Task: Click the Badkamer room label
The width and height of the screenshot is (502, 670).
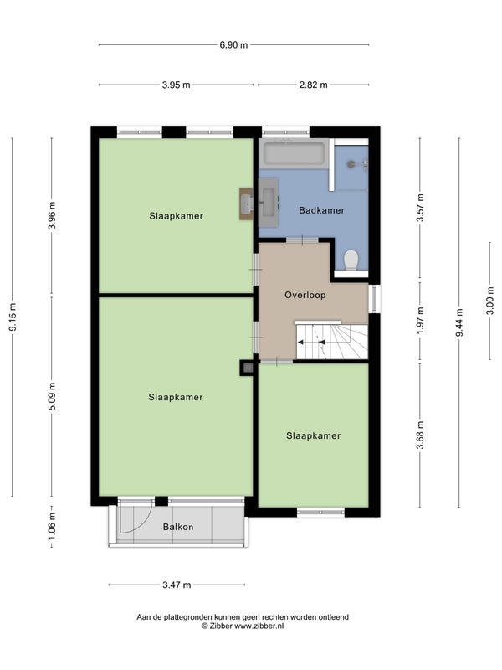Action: [x=321, y=210]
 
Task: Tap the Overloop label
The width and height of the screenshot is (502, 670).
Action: [x=305, y=295]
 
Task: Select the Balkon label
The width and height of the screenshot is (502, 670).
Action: [x=178, y=527]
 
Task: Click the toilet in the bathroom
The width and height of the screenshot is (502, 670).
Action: [x=351, y=260]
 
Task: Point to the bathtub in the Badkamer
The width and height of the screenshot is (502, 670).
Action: [x=294, y=153]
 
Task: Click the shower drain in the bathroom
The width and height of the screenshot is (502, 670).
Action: [x=351, y=163]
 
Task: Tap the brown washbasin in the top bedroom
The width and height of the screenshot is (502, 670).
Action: [x=246, y=204]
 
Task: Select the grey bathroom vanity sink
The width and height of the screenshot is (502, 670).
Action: [x=269, y=202]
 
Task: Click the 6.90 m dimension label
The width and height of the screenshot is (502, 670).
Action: [x=233, y=45]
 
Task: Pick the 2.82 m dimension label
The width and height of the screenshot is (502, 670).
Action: [x=313, y=85]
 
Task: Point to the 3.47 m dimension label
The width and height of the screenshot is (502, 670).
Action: [x=177, y=585]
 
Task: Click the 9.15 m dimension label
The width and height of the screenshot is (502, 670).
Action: [x=13, y=317]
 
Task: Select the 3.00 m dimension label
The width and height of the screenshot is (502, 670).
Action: [x=490, y=301]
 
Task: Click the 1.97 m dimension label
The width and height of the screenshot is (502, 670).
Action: [x=421, y=321]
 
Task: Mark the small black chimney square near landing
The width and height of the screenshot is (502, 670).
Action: [x=247, y=368]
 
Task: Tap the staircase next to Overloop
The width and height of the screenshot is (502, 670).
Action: [x=331, y=342]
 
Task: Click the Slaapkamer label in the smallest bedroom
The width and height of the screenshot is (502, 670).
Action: [x=313, y=435]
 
